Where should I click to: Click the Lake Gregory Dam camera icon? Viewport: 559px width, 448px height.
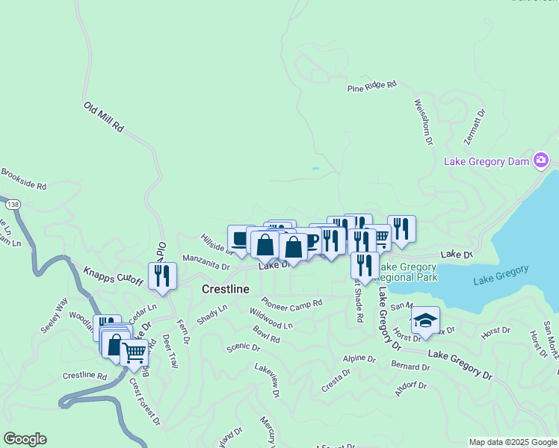point(542,160)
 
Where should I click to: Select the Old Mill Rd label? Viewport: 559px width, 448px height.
point(103,118)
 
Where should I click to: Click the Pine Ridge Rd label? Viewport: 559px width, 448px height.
point(371,87)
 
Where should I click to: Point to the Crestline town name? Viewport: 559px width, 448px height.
point(226,288)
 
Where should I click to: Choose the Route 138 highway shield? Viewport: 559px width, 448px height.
point(12,204)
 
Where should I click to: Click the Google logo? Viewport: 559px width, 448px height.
point(25,439)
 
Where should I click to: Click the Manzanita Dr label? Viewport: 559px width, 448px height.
point(206,264)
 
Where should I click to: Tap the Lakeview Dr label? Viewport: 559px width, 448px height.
point(267,379)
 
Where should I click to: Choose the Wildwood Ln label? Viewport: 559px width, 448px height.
point(271,320)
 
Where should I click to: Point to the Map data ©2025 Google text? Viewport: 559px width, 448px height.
point(512,442)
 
